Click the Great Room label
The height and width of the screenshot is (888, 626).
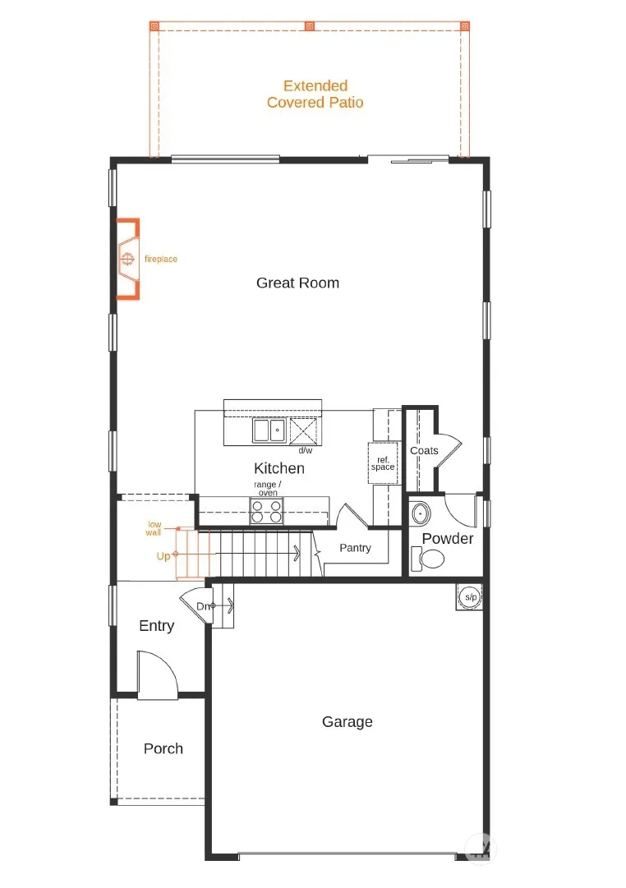[x=297, y=283]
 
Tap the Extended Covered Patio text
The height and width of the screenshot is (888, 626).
[x=315, y=94]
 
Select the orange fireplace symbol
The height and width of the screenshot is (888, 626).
[x=128, y=259]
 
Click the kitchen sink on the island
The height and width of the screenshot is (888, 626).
[x=269, y=430]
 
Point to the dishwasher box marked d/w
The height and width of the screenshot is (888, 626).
[x=304, y=431]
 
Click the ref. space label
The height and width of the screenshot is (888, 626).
[x=383, y=463]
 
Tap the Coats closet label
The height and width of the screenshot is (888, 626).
[x=424, y=451]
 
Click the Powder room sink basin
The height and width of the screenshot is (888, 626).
[x=420, y=513]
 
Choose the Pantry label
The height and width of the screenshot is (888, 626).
[x=355, y=548]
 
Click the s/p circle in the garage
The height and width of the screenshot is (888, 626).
[x=470, y=597]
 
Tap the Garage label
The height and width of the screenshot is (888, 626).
[x=348, y=721]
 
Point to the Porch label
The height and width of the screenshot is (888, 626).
[x=163, y=748]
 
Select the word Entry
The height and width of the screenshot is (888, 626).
[x=156, y=626]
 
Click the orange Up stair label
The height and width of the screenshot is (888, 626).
[x=163, y=556]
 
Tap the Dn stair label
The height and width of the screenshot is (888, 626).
[x=203, y=606]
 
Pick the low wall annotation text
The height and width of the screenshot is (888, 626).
[x=154, y=528]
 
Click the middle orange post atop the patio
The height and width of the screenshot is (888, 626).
[x=310, y=26]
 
